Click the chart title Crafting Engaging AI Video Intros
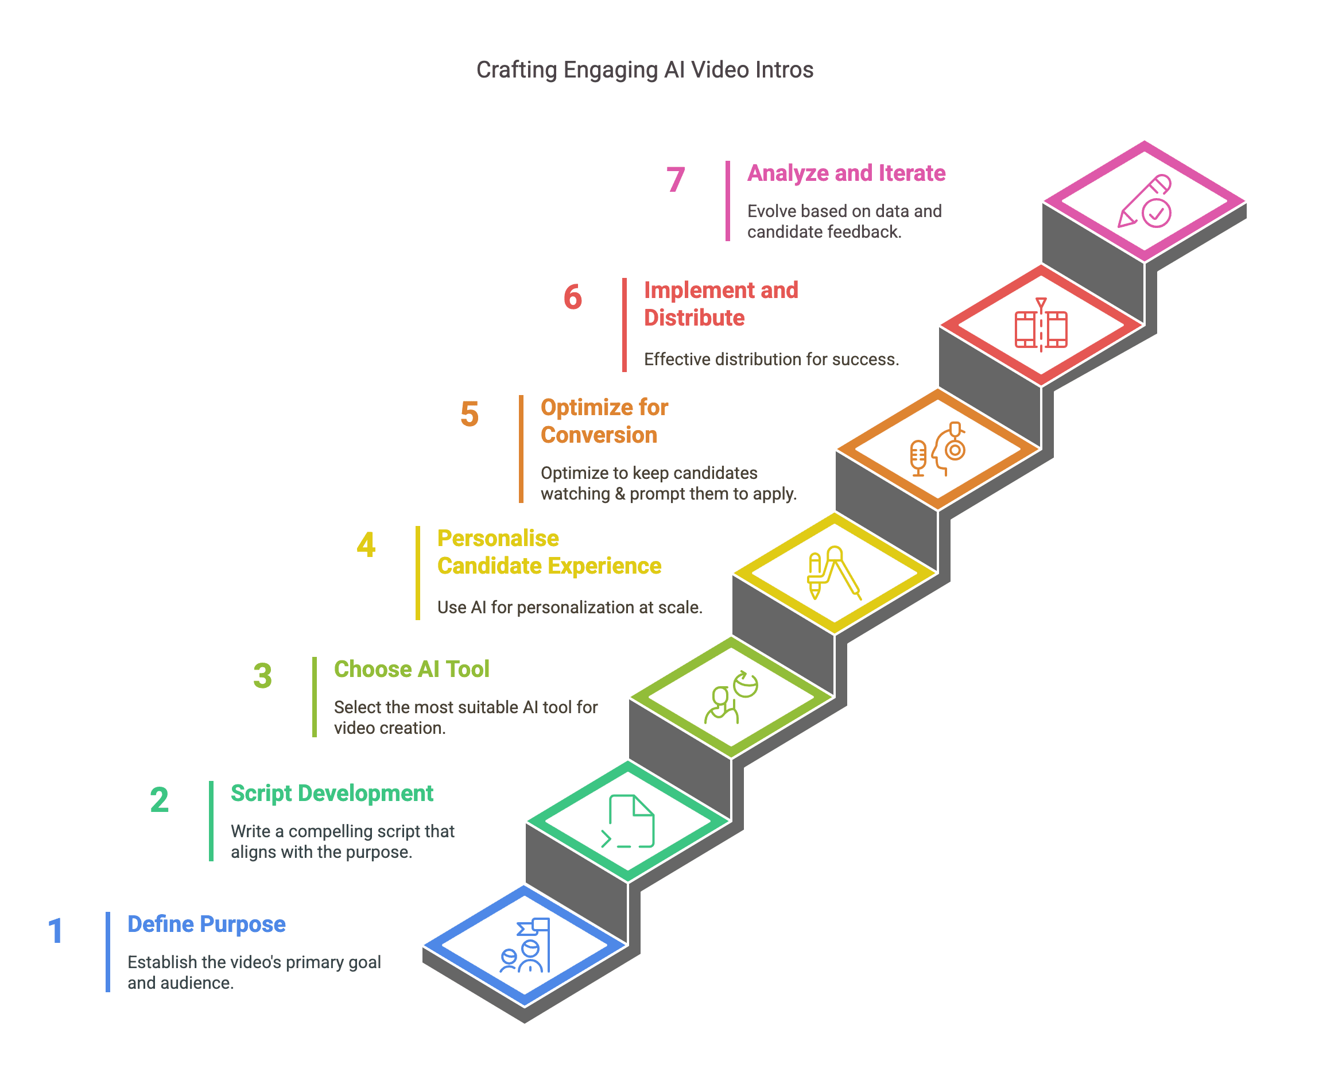coord(644,69)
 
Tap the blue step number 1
coord(55,931)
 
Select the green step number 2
coord(159,800)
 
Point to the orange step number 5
coord(470,415)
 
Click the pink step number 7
coord(676,180)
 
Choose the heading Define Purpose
coord(206,924)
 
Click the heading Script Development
coord(332,793)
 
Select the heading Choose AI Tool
coord(412,670)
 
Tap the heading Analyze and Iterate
coord(845,173)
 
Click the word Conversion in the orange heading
coord(599,435)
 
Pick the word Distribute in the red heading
coord(694,318)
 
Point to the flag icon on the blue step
coord(536,927)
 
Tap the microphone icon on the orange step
coord(918,457)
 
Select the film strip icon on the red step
coord(1041,328)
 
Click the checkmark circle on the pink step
coord(1155,213)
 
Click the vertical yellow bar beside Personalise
coord(418,572)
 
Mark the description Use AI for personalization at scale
coord(569,607)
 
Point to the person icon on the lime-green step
coord(720,705)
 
